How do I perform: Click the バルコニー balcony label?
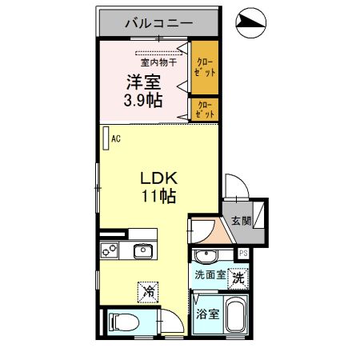158,23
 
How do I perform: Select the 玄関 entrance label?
241,220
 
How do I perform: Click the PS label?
243,254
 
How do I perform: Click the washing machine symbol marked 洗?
238,278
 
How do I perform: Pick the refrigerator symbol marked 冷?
148,291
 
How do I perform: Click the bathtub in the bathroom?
236,318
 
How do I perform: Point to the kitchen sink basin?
142,251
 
